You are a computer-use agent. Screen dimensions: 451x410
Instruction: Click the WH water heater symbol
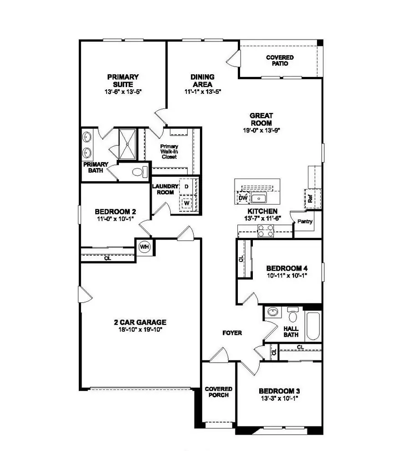tap(144, 247)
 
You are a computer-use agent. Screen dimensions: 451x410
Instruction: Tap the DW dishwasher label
tap(243, 198)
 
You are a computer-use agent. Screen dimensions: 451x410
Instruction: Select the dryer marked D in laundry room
tap(187, 187)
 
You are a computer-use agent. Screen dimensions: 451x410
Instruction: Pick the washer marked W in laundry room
tap(187, 203)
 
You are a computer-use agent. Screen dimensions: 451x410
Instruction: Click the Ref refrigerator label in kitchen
tap(309, 198)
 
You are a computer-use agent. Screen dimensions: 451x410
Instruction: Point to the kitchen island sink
tap(259, 198)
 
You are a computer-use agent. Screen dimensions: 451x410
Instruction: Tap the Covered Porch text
tap(219, 392)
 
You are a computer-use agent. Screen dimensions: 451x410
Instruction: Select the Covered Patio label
tap(280, 60)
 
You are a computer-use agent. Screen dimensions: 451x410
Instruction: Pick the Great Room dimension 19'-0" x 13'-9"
tap(261, 129)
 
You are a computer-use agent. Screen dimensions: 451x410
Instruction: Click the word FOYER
tap(232, 333)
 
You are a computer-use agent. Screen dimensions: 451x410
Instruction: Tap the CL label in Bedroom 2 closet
tap(108, 258)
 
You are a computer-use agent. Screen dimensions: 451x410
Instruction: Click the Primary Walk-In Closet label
tap(168, 152)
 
